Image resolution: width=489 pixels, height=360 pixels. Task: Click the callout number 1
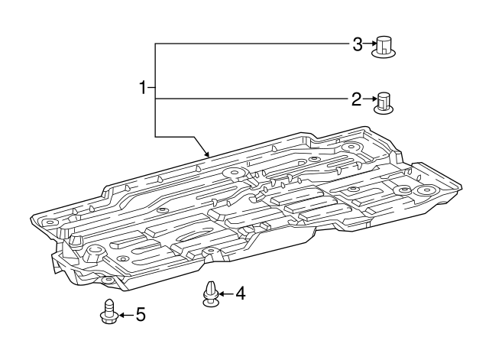(x=143, y=89)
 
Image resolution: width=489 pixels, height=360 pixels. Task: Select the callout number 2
(x=356, y=99)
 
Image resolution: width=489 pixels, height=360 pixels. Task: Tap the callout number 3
(x=357, y=44)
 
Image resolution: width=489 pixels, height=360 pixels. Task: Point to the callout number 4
(x=240, y=293)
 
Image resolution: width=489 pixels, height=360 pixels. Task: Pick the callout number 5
(x=139, y=313)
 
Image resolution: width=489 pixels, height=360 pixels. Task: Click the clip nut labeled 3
(x=385, y=47)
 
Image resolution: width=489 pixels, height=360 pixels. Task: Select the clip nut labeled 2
(x=384, y=102)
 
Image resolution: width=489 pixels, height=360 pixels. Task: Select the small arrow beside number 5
(x=125, y=314)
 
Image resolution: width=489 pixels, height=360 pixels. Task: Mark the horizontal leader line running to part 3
(x=252, y=44)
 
